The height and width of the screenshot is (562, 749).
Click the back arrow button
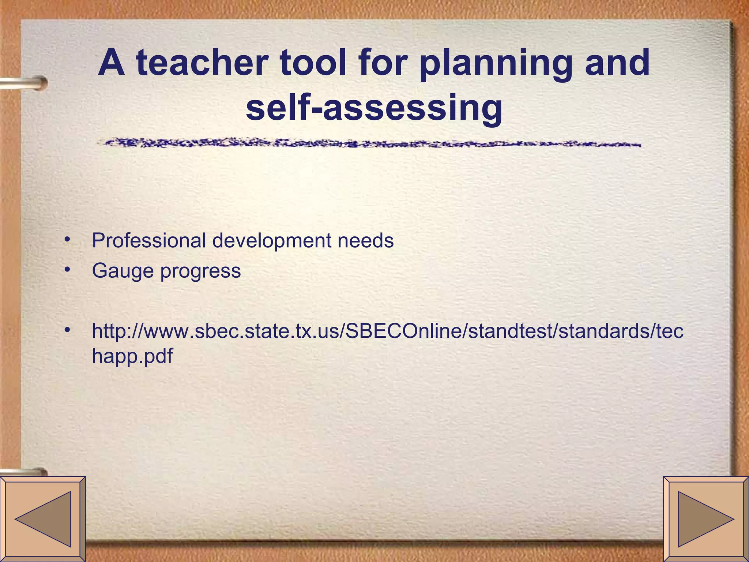tap(43, 519)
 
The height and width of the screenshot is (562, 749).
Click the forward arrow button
tap(706, 519)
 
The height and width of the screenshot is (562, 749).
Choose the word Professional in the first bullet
tap(149, 241)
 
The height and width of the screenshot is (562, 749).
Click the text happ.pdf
tap(132, 356)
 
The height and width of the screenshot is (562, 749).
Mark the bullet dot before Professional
tap(67, 240)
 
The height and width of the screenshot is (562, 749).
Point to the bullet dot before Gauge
tap(67, 270)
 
